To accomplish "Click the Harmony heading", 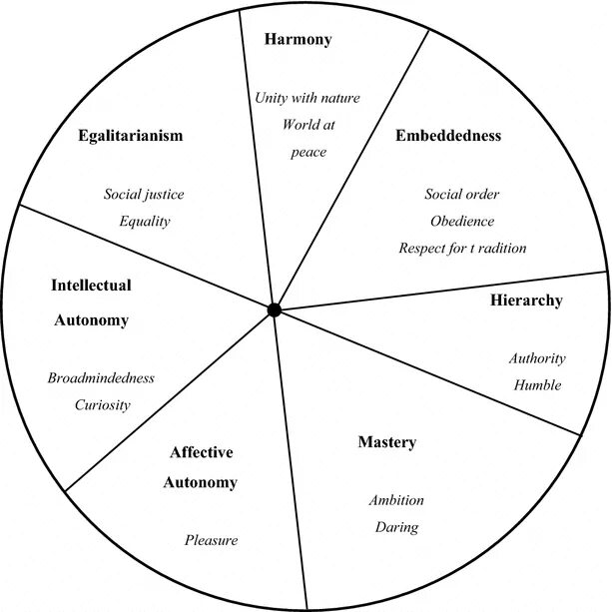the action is click(x=298, y=40).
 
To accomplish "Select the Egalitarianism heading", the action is click(x=131, y=136).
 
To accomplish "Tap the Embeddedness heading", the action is click(x=448, y=135).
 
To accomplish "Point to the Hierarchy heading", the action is click(x=526, y=300).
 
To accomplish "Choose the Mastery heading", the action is click(x=386, y=442).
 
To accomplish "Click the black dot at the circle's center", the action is click(x=275, y=310).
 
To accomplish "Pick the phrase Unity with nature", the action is click(x=307, y=98).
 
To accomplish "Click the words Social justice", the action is click(x=144, y=194).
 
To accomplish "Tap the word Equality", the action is click(x=144, y=221).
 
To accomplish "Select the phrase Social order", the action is click(x=462, y=194).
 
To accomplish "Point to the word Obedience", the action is click(x=462, y=221).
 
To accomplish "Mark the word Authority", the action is click(x=537, y=358).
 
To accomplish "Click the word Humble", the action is click(x=537, y=385).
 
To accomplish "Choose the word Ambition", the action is click(x=396, y=500).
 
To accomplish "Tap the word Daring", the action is click(x=396, y=527).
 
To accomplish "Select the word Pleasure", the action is click(x=212, y=540).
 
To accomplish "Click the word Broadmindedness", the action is click(x=101, y=378).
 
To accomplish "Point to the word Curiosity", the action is click(x=103, y=405).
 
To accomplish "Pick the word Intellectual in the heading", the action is click(x=91, y=286).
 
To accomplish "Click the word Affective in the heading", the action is click(x=200, y=452).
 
